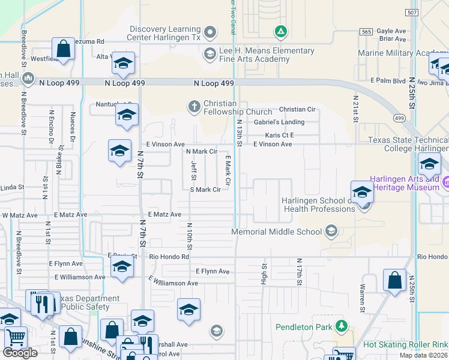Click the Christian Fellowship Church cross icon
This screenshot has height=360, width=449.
coord(194,107)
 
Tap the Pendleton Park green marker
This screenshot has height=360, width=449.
coord(342,326)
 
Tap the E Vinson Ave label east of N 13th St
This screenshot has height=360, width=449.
coord(273,145)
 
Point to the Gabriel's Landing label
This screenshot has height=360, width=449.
coord(279,122)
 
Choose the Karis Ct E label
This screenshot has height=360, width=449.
coord(280,136)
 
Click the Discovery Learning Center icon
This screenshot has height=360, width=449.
coord(210,32)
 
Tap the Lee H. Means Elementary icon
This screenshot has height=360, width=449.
coord(209,55)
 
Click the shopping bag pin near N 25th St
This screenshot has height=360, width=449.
coord(394,281)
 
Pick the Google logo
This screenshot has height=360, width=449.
coord(20,353)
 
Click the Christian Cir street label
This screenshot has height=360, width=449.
coord(298,110)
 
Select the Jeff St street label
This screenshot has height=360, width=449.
coord(194,169)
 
